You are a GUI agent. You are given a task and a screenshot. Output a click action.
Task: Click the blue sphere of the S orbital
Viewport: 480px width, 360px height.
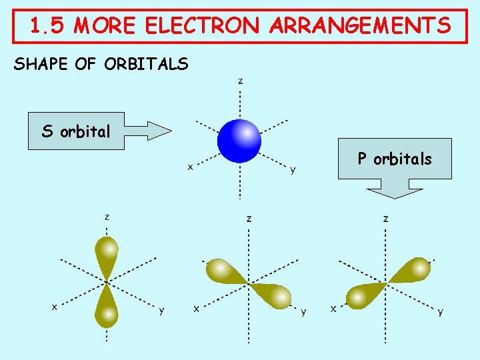(x=239, y=141)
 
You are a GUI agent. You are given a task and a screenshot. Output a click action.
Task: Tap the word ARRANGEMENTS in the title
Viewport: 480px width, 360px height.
(x=361, y=27)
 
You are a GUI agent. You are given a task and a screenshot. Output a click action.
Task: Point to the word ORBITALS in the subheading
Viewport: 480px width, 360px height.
(x=147, y=64)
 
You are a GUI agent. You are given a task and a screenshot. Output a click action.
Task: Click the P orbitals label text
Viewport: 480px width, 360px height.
(x=395, y=159)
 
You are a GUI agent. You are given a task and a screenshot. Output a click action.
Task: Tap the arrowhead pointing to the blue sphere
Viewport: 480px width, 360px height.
(x=160, y=131)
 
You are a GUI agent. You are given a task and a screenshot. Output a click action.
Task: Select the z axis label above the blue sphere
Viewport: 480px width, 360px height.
(x=241, y=81)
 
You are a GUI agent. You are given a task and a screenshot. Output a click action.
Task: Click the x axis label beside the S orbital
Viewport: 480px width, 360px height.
(x=190, y=167)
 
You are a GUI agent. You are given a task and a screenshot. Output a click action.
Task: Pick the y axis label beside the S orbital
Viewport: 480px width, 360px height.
(x=293, y=171)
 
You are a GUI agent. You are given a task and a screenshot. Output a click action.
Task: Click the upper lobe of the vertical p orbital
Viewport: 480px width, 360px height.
(x=106, y=253)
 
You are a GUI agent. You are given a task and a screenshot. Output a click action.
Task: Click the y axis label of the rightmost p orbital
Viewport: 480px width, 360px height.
(x=440, y=311)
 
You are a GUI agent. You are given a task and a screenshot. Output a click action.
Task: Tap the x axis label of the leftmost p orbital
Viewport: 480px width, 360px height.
(x=55, y=307)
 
